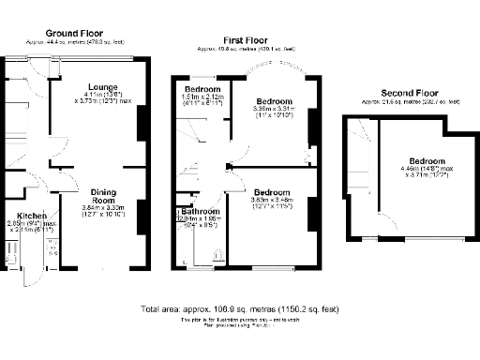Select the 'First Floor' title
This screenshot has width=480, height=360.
[247, 39]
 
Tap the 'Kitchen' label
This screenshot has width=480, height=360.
[19, 215]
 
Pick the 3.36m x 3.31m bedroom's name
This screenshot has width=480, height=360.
[273, 100]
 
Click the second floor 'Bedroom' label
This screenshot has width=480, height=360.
[427, 160]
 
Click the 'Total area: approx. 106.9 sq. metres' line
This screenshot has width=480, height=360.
[240, 309]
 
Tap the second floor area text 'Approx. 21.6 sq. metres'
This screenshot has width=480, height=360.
[411, 101]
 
